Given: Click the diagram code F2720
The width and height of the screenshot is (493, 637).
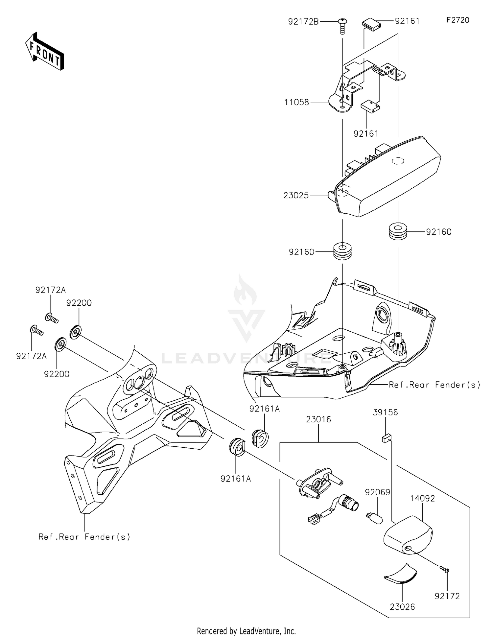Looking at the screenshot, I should (458, 20).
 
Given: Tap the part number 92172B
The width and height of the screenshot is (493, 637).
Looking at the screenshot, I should (303, 22).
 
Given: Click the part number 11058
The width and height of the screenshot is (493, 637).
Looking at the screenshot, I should (296, 102).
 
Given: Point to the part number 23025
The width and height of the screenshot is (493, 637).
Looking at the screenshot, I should (296, 196).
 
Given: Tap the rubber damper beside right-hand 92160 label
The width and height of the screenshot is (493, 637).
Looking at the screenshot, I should (398, 232).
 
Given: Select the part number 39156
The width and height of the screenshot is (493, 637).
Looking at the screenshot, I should (385, 412).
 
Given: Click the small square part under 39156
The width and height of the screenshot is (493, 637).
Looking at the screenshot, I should (387, 438).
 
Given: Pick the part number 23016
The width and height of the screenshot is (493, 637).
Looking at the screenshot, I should (318, 419).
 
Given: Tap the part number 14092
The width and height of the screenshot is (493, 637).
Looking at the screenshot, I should (422, 498).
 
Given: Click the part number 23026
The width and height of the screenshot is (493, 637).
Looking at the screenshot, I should (402, 607).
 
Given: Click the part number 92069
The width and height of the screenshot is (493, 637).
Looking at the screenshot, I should (377, 492).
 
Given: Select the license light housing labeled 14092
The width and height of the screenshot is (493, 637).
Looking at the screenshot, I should (408, 536).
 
